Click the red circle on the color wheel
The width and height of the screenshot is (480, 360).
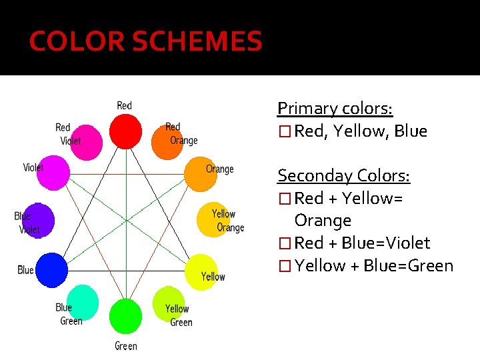125,131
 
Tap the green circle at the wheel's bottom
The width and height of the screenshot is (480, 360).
125,315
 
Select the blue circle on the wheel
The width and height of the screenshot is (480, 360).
51,270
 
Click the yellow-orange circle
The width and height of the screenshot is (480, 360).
212,218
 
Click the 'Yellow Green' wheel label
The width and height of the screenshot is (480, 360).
179,315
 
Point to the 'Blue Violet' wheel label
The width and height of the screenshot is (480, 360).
27,223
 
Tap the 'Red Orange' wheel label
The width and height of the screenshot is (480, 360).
181,133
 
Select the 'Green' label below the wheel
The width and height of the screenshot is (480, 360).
125,346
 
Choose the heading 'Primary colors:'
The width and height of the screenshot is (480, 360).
335,108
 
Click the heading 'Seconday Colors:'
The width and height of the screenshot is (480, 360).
343,176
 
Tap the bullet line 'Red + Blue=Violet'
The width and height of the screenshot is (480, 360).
361,243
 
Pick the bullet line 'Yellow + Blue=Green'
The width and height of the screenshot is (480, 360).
373,266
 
